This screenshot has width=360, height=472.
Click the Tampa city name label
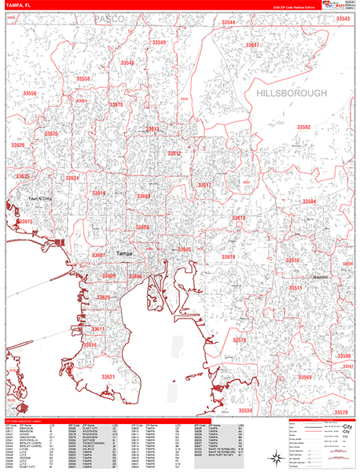click(x=125, y=253)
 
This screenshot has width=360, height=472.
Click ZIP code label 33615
click(x=24, y=222)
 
